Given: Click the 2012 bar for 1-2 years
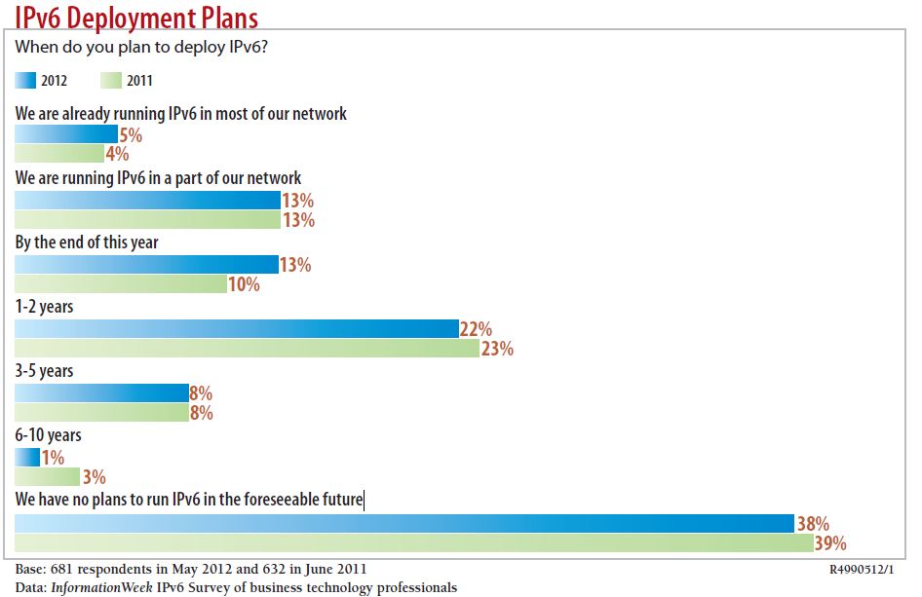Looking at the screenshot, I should [237, 329].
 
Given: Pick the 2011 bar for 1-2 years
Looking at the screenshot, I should [248, 348].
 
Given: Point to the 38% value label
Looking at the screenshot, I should [813, 524].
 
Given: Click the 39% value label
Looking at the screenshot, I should [829, 542].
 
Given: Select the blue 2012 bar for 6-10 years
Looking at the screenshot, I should [27, 458].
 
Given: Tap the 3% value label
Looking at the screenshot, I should [94, 477].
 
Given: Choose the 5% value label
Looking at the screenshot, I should [131, 135].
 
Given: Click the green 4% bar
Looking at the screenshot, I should [59, 154].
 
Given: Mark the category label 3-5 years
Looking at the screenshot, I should [44, 371].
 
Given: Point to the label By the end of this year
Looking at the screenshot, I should [87, 242].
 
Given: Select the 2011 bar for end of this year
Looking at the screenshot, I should [121, 284].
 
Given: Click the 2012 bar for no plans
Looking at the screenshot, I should [404, 524].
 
